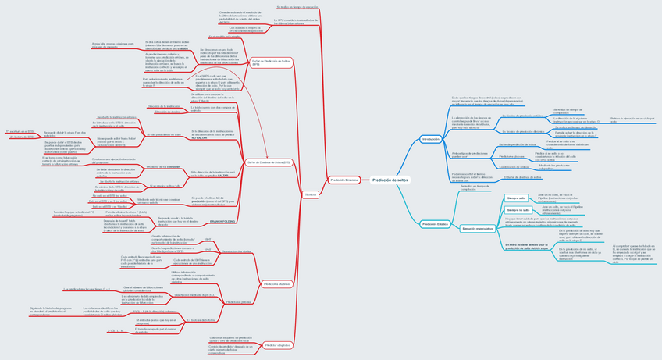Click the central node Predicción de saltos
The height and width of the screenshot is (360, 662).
pyautogui.click(x=390, y=180)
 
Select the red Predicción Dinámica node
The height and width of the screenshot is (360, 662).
pyautogui.click(x=344, y=180)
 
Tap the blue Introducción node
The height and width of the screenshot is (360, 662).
pyautogui.click(x=429, y=138)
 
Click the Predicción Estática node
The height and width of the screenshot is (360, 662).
pyautogui.click(x=435, y=224)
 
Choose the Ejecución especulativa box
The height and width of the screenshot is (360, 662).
pyautogui.click(x=478, y=228)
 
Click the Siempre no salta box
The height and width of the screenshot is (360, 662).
pyautogui.click(x=518, y=210)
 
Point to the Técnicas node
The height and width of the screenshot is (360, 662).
pyautogui.click(x=310, y=192)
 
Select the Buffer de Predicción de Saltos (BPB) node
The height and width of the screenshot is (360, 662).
pyautogui.click(x=272, y=62)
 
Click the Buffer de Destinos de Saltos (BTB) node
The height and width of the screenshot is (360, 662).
pyautogui.click(x=269, y=162)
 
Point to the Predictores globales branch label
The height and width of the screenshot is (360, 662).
pyautogui.click(x=238, y=301)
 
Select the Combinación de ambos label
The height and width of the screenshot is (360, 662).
pyautogui.click(x=515, y=166)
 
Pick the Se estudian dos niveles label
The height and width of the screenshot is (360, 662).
pyautogui.click(x=237, y=251)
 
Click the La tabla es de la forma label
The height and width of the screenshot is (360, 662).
pyautogui.click(x=201, y=319)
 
